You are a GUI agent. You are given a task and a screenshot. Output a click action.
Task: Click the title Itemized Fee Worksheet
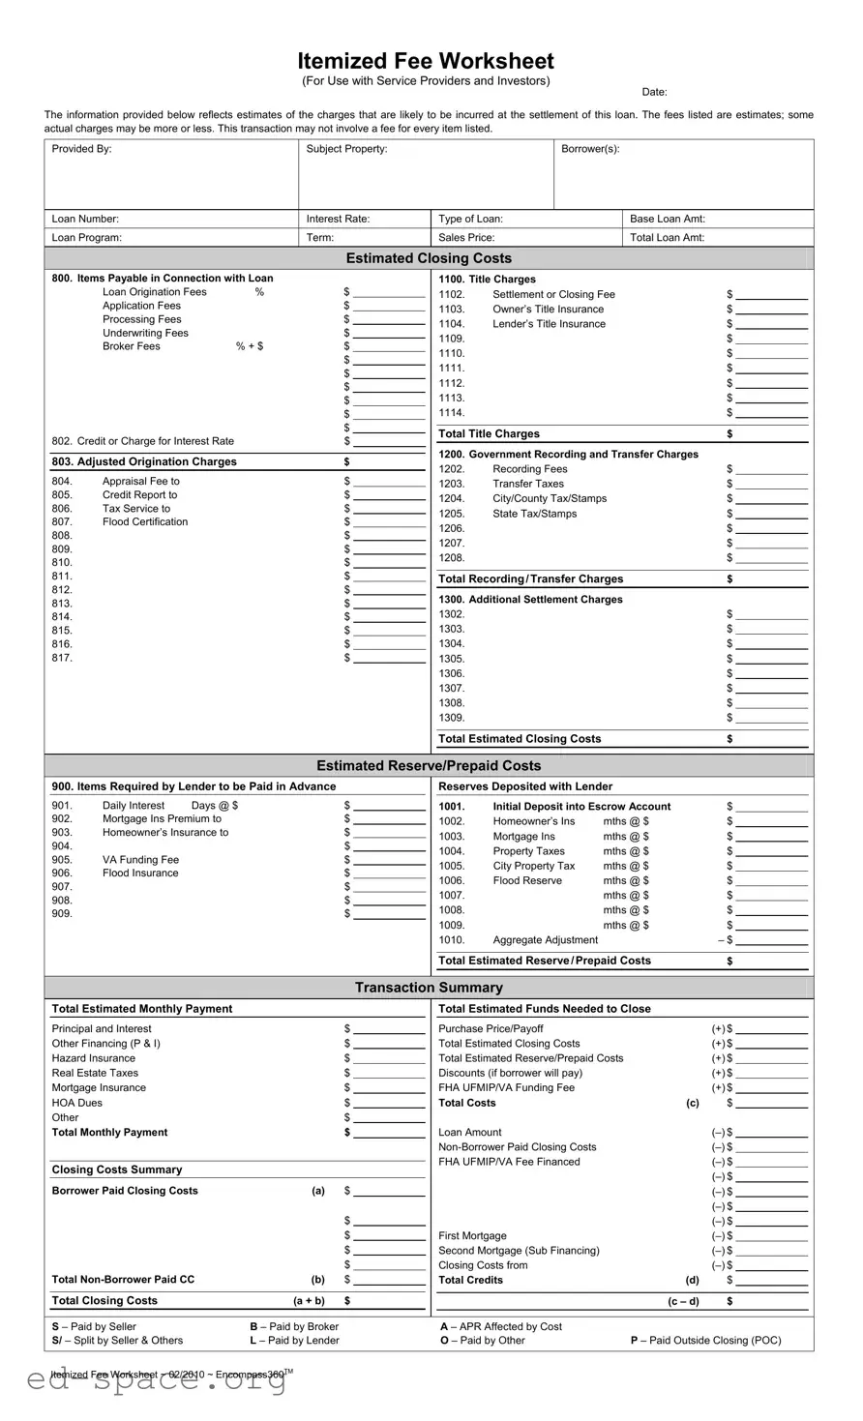(426, 61)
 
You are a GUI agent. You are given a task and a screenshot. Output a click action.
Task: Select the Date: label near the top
(654, 92)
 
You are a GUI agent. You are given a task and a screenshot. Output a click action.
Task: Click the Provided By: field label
(81, 149)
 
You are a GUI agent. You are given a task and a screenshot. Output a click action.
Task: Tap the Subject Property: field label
(346, 149)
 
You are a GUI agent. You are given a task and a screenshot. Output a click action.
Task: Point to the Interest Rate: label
(338, 219)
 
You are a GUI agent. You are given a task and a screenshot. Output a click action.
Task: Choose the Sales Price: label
(466, 237)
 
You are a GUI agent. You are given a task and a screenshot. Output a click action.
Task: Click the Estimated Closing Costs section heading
(429, 258)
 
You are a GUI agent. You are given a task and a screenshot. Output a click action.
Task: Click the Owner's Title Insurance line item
(548, 310)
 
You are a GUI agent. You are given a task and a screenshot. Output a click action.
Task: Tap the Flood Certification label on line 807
(145, 522)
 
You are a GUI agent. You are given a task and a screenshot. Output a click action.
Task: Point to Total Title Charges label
(489, 434)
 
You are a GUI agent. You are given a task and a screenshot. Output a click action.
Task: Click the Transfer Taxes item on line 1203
(527, 484)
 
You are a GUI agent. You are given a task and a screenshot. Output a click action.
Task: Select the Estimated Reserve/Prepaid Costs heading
(429, 766)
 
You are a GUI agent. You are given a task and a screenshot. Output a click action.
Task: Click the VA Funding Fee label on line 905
(140, 860)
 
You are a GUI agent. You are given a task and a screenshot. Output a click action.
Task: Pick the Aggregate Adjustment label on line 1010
(545, 940)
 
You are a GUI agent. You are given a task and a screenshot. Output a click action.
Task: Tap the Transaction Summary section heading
(429, 988)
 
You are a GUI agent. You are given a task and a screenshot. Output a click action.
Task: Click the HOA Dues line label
(76, 1103)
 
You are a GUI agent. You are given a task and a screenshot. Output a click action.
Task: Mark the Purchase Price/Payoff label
(491, 1029)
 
